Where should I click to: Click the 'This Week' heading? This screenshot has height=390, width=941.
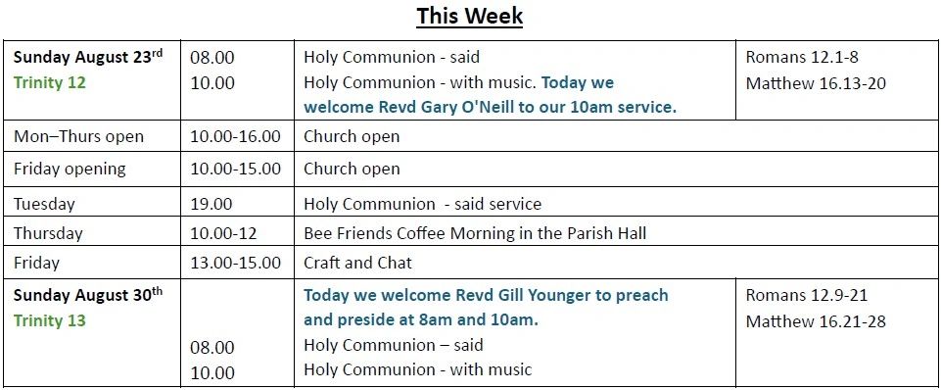pyautogui.click(x=470, y=16)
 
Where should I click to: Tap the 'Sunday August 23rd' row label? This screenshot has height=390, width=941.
pyautogui.click(x=88, y=57)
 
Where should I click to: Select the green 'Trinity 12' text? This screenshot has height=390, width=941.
pyautogui.click(x=50, y=82)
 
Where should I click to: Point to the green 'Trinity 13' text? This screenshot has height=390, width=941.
pyautogui.click(x=50, y=320)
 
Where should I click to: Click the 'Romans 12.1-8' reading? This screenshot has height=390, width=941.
pyautogui.click(x=802, y=57)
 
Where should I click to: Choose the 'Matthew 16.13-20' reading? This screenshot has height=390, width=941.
pyautogui.click(x=816, y=83)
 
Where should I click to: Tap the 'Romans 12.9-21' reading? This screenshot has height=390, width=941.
pyautogui.click(x=807, y=295)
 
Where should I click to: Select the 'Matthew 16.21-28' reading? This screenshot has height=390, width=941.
pyautogui.click(x=816, y=321)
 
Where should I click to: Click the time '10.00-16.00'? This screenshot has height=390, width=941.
pyautogui.click(x=235, y=136)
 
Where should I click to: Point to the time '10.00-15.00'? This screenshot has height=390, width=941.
pyautogui.click(x=235, y=169)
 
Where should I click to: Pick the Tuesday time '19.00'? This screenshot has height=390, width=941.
pyautogui.click(x=212, y=204)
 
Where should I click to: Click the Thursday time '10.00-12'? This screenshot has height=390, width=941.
pyautogui.click(x=223, y=233)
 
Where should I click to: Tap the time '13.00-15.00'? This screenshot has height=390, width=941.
pyautogui.click(x=235, y=263)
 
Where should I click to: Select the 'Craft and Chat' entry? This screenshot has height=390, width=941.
pyautogui.click(x=357, y=263)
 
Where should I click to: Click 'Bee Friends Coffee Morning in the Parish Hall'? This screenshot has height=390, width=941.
pyautogui.click(x=475, y=233)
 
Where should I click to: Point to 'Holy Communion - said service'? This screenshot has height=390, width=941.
pyautogui.click(x=422, y=204)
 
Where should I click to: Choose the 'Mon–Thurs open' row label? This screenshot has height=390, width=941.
pyautogui.click(x=78, y=136)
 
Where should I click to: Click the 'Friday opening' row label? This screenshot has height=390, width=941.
pyautogui.click(x=70, y=169)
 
